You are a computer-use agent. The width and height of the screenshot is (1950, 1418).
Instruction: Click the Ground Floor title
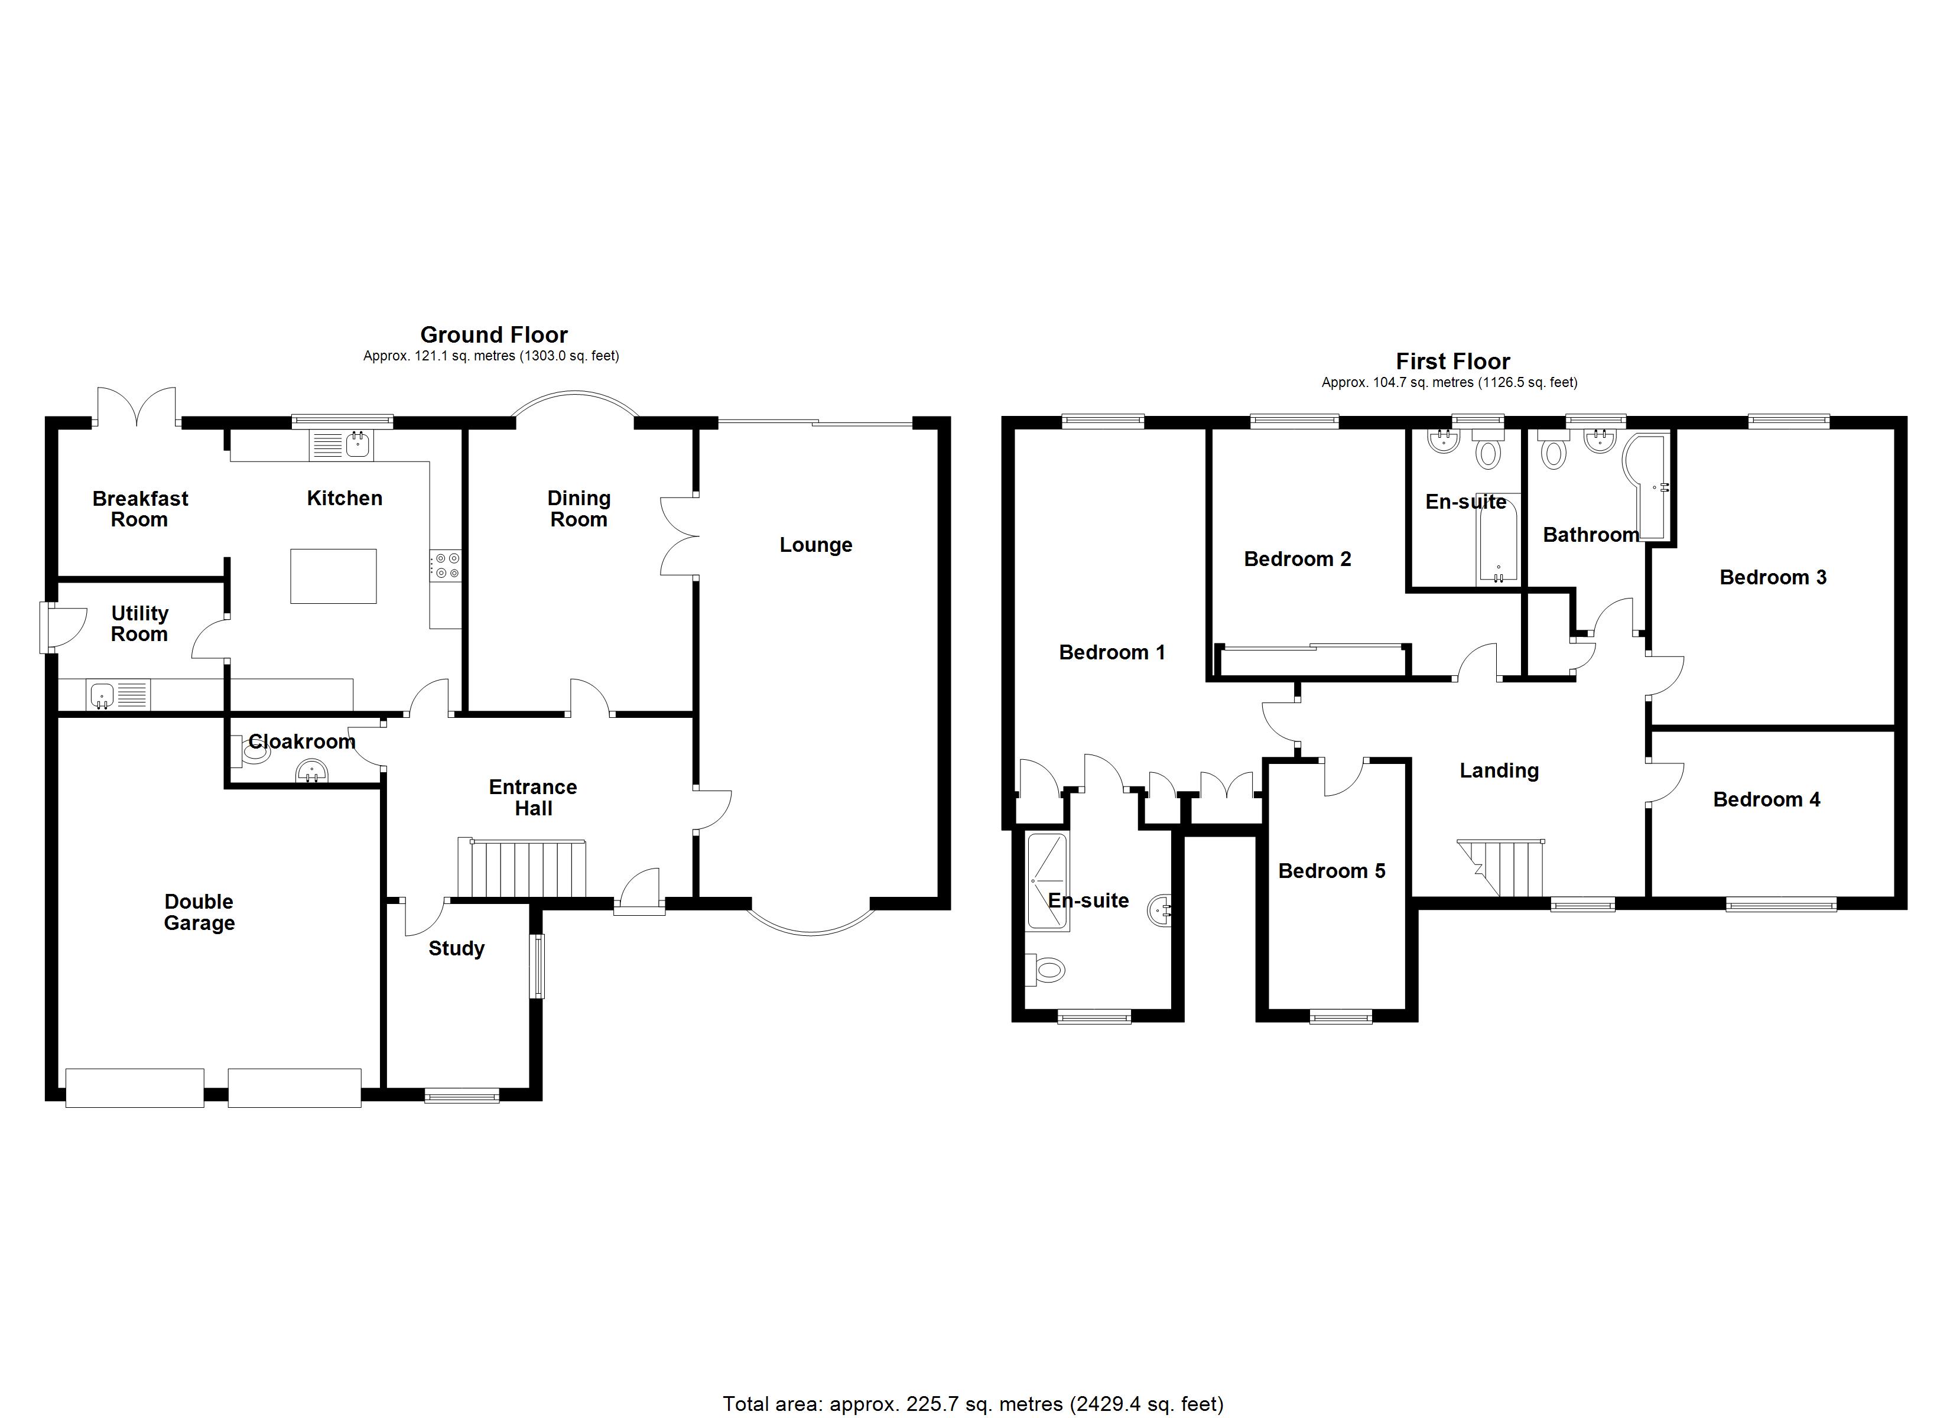coord(493,334)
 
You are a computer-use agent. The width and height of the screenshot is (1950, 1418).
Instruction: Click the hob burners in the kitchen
coord(446,564)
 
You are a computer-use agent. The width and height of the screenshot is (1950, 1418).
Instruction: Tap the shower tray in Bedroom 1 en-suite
coord(1047,882)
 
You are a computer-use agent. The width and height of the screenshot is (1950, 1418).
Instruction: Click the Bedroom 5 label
coord(1331,870)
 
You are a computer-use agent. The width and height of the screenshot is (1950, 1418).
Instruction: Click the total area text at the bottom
coord(973,1403)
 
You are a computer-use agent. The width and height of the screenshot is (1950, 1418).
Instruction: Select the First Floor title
coord(1452,361)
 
